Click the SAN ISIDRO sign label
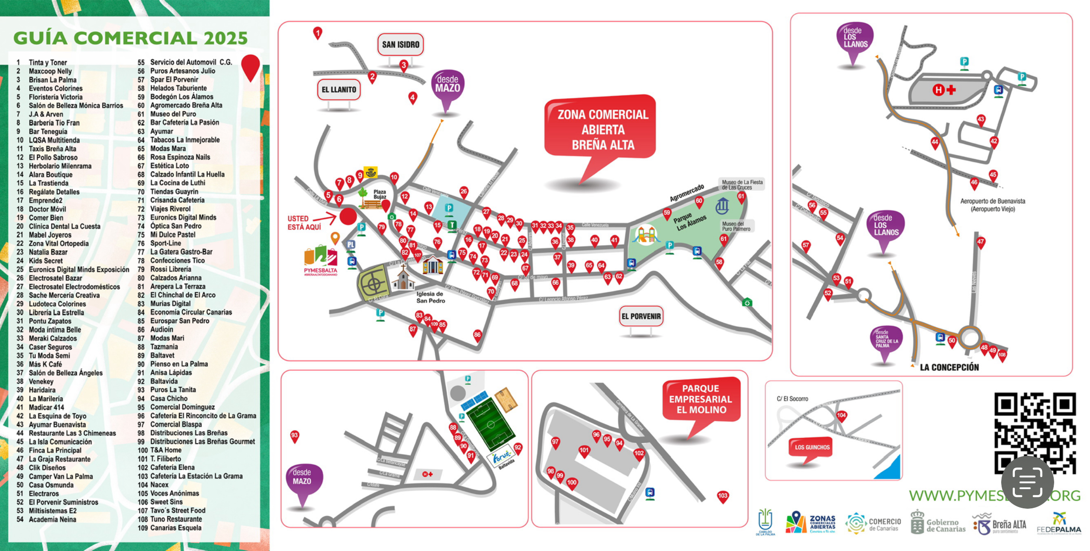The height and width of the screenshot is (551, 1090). tap(400, 44)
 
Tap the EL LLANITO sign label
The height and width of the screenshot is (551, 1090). tap(339, 90)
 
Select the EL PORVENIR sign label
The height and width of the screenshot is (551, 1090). tap(641, 317)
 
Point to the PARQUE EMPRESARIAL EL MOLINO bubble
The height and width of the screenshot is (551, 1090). tap(700, 399)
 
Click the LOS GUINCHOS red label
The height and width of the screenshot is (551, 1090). tap(812, 447)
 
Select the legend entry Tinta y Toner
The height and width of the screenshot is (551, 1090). tap(47, 62)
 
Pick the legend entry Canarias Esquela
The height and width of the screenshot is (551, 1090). tap(175, 528)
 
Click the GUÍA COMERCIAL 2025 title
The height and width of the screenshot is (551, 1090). tap(130, 38)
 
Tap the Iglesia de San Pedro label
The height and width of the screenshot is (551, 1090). tap(430, 297)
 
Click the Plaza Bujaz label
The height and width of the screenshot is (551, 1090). tap(380, 194)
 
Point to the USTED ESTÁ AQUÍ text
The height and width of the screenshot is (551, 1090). tap(304, 223)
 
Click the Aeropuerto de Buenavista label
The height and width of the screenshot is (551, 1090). tap(992, 205)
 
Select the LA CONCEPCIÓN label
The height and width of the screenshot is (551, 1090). tap(949, 367)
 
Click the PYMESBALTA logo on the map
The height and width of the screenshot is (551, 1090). tap(320, 261)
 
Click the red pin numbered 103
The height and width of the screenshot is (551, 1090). tap(722, 496)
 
